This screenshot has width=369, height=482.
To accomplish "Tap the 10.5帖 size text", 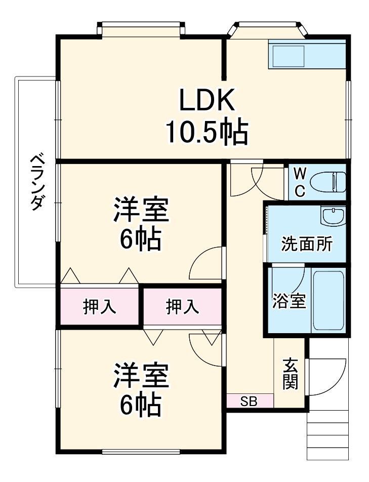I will click(207, 133).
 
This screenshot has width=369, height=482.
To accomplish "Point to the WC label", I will click(300, 182).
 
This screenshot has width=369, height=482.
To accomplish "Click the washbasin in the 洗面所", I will click(333, 216).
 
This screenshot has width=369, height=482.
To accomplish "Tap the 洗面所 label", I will click(307, 244).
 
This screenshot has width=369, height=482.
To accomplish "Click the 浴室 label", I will click(289, 301).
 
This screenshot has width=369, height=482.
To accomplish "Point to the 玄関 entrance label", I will click(290, 374).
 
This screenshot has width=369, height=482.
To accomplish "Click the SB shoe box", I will click(249, 402).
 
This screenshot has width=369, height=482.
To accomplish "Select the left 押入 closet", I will click(100, 306).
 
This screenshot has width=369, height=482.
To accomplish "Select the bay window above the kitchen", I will click(268, 30).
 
